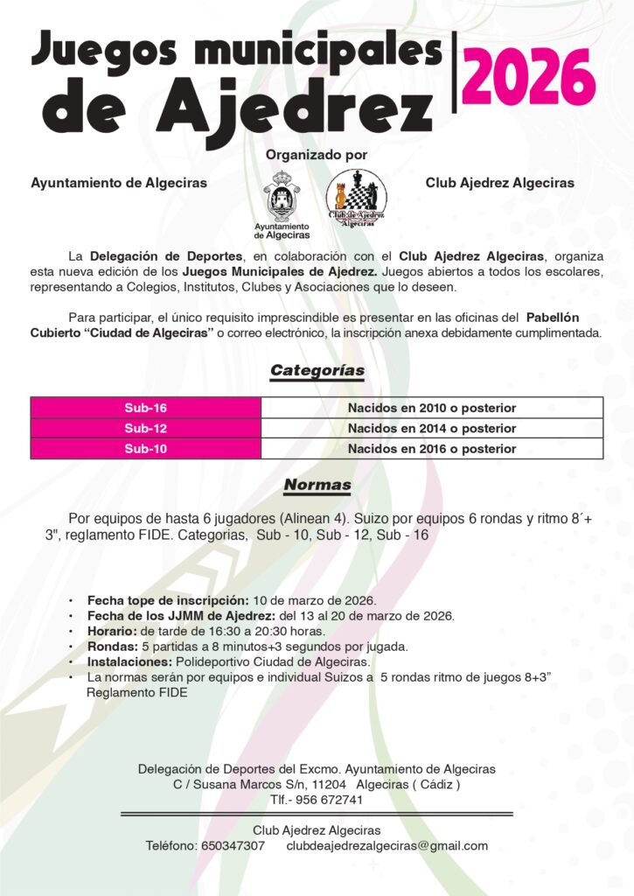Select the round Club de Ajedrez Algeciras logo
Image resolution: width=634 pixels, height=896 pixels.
point(356,199)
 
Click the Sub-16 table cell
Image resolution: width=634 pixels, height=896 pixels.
point(145,408)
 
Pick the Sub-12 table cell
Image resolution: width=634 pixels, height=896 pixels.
point(145,429)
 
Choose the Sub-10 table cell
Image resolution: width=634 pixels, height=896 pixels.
point(145,449)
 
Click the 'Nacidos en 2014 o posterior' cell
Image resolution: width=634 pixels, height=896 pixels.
point(432,429)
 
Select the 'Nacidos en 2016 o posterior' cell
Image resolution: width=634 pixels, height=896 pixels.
point(432,449)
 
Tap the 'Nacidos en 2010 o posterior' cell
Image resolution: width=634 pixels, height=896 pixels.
point(432,408)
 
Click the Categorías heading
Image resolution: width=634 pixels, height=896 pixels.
point(317,371)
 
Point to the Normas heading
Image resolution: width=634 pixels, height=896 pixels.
point(317,485)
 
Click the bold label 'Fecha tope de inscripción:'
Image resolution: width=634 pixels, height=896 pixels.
point(168,600)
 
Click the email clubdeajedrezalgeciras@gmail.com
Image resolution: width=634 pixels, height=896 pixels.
point(387,846)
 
